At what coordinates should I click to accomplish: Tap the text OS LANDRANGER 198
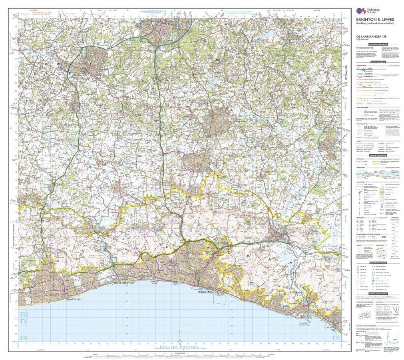tap(372, 37)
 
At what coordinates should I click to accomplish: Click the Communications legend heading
tap(378, 62)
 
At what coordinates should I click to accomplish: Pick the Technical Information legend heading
tap(378, 294)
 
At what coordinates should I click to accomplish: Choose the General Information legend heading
tap(378, 156)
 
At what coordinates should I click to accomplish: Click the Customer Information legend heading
tap(378, 44)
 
